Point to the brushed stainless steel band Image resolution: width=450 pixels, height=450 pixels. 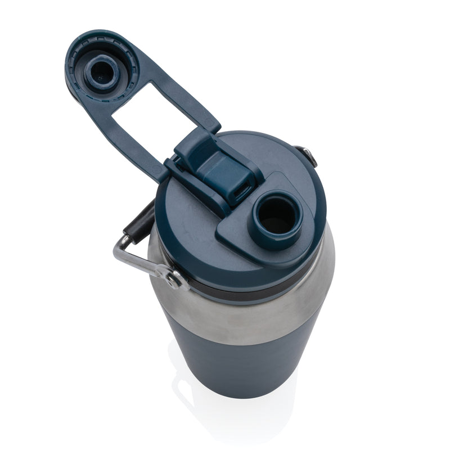tap(247, 315)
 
